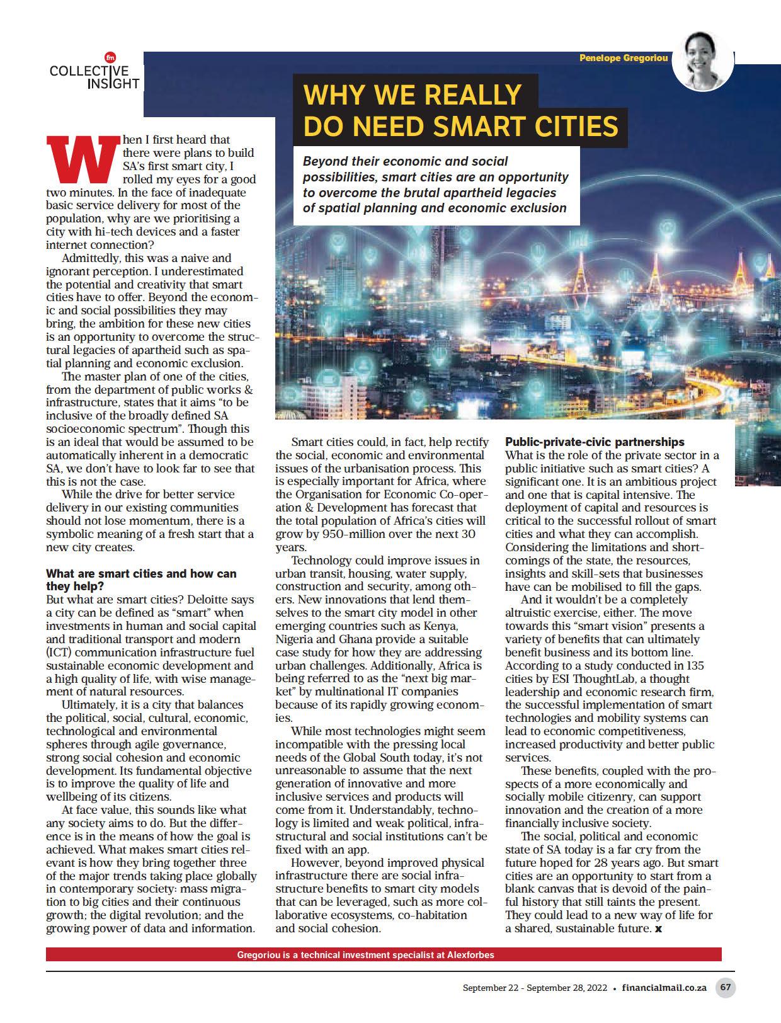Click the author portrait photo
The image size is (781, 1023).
(703, 61)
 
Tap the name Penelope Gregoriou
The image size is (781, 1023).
(624, 58)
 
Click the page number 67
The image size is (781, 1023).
(726, 987)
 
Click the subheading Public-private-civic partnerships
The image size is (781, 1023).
(595, 442)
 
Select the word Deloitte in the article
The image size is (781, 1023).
(209, 599)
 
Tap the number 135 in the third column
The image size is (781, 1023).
(695, 665)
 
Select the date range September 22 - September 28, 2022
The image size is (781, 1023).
(535, 988)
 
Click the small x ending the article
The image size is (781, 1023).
(658, 929)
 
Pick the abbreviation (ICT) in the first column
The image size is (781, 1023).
(60, 652)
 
